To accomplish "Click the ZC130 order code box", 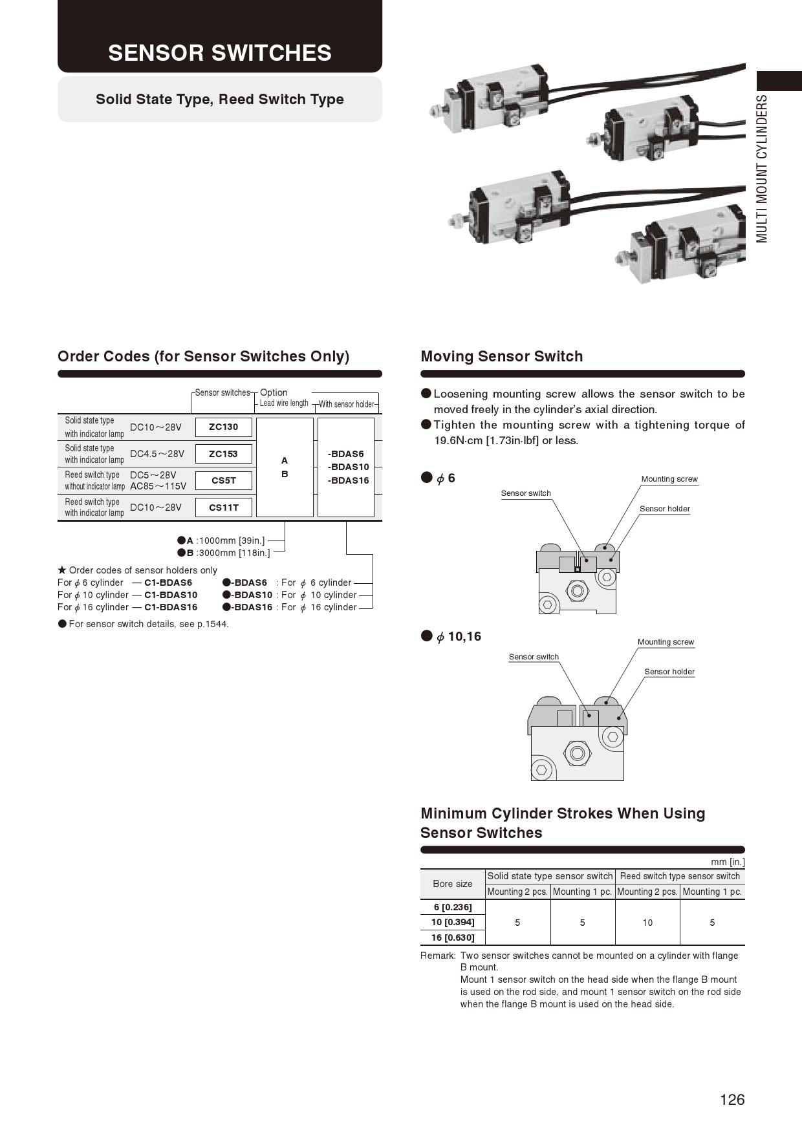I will (223, 427).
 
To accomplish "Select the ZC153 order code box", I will (223, 454).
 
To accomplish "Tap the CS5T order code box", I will (223, 480).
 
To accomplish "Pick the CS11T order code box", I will (223, 508).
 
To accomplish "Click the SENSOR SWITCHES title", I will (220, 53).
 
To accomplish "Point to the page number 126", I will (732, 1100).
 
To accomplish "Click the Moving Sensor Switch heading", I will (501, 356).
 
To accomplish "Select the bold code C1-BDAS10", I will (171, 595).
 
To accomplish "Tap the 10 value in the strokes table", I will (647, 923).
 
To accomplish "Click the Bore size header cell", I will (452, 884).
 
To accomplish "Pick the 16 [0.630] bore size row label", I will (453, 937).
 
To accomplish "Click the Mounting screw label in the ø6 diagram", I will (669, 479).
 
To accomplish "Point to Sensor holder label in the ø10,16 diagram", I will (669, 672).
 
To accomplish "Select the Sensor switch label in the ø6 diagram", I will (526, 493).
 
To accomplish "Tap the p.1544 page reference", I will (213, 624).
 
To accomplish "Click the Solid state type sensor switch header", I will (550, 876).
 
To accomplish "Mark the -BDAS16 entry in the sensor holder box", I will (348, 480).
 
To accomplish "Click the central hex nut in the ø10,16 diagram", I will (577, 753).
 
